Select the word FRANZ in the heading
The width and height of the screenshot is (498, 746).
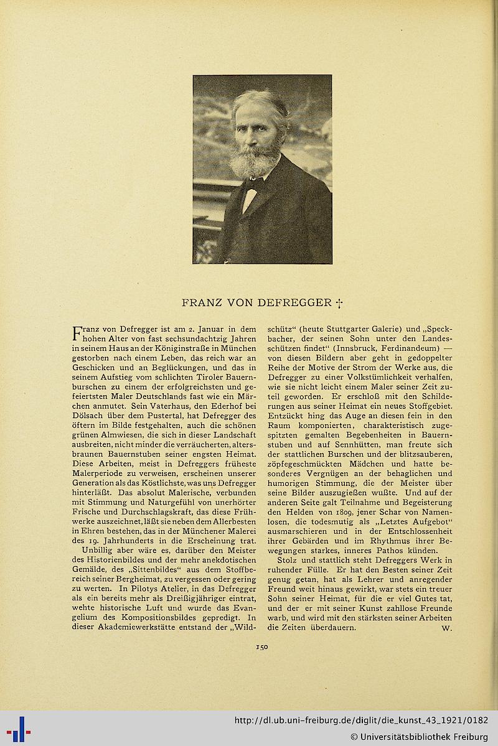(x=199, y=304)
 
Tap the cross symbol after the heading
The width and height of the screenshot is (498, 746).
(x=340, y=304)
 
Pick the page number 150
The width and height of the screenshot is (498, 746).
(x=261, y=647)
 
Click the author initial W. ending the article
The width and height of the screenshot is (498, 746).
(x=446, y=628)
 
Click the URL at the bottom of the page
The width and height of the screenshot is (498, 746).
(x=360, y=720)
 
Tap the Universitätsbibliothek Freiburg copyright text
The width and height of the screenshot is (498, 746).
(x=419, y=736)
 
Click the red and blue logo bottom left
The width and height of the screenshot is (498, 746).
(x=18, y=729)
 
